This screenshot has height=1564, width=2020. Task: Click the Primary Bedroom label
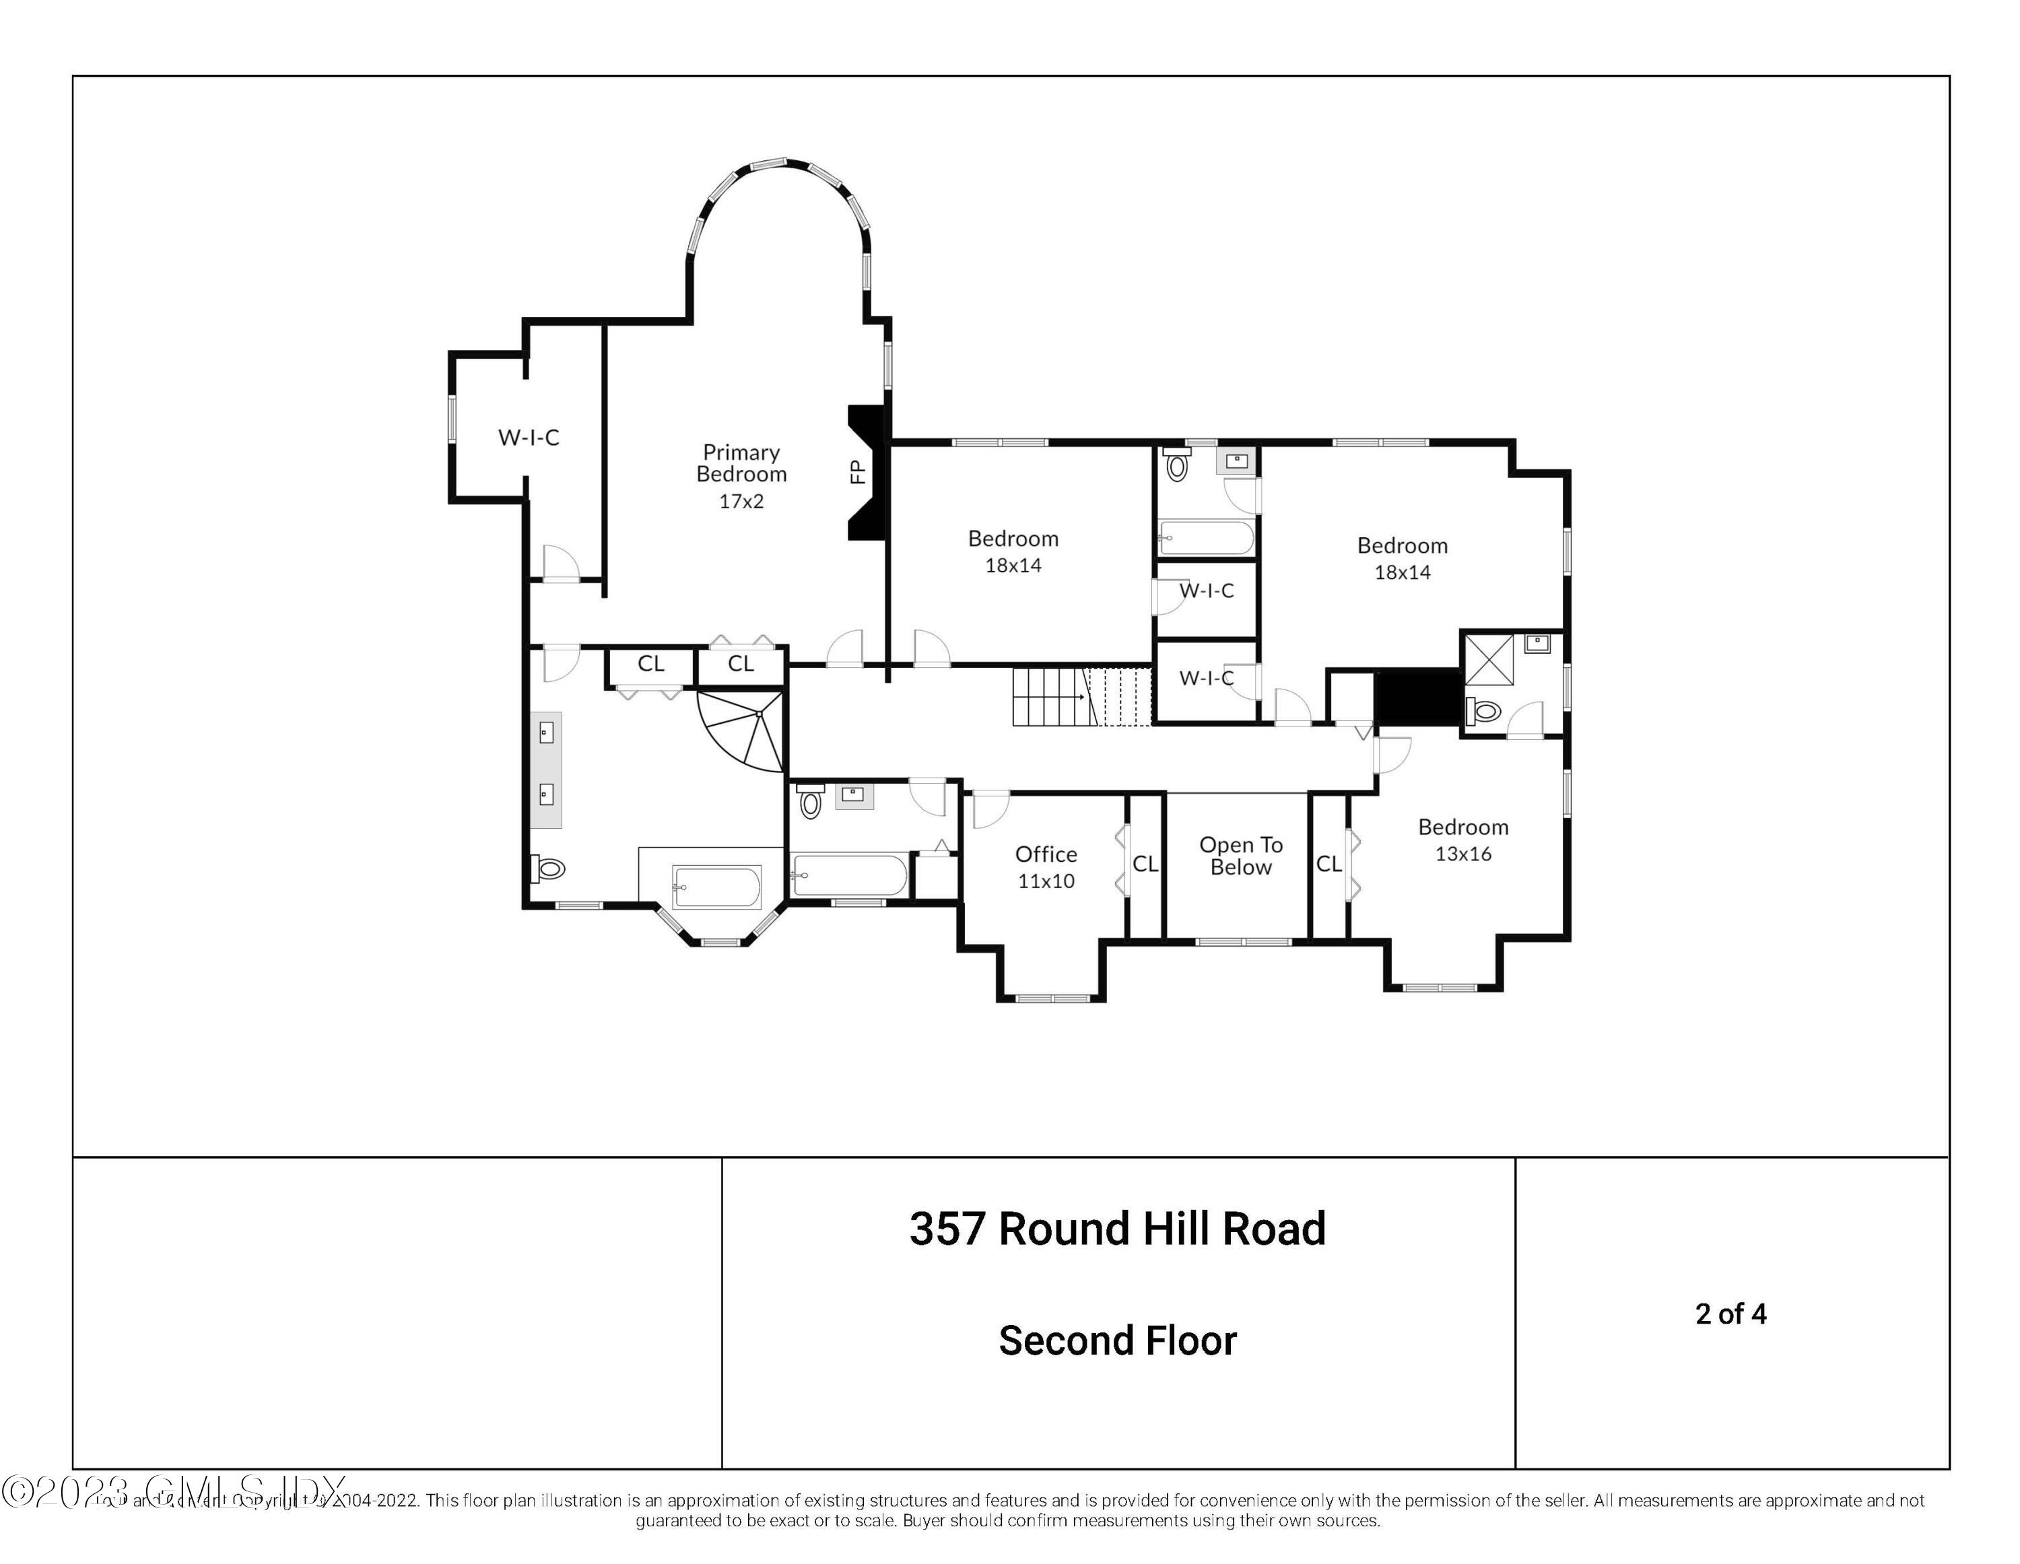[741, 463]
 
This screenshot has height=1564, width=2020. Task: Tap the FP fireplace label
[857, 472]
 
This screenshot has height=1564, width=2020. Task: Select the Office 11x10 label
[1046, 866]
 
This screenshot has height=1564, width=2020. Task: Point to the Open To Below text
[1240, 856]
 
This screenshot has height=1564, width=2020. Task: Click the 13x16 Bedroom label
[1462, 840]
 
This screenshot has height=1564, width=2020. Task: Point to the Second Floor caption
[1117, 1340]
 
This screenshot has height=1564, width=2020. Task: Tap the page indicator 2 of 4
[1730, 1314]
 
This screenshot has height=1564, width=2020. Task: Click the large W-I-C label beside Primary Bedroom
[528, 438]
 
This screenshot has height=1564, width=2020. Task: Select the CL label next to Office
[1145, 864]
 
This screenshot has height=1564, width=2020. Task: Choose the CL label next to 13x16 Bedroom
[1328, 864]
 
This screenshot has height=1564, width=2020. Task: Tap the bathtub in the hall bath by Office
[849, 875]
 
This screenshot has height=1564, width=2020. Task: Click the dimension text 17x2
[741, 502]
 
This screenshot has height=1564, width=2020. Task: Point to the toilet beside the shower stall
[1483, 710]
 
